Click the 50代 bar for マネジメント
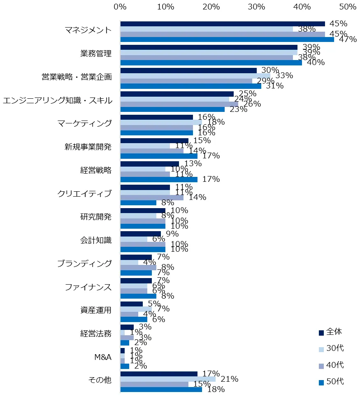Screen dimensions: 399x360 pos(227,39)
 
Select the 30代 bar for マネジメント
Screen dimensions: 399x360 pos(206,29)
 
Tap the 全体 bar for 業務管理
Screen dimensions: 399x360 pos(209,47)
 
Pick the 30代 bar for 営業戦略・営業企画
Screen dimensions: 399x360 pos(195,76)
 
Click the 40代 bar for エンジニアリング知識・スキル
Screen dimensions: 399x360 pos(179,104)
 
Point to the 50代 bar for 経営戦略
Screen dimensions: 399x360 pos(158,179)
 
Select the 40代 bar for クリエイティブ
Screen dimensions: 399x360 pos(152,197)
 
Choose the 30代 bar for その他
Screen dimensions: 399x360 pos(167,379)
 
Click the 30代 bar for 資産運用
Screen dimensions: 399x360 pos(136,309)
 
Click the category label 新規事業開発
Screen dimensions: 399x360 pos(88,148)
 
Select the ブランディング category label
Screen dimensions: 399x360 pos(84,264)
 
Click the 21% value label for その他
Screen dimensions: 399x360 pos(230,379)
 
